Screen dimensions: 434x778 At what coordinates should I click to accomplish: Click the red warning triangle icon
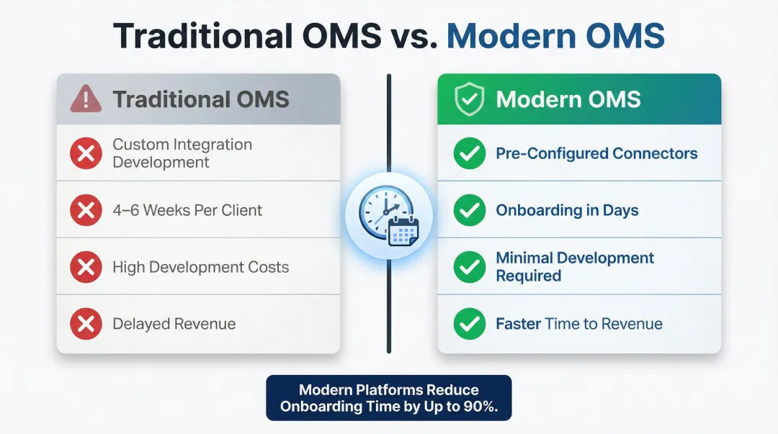[x=86, y=99]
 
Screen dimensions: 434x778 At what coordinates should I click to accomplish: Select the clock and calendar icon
[x=389, y=216]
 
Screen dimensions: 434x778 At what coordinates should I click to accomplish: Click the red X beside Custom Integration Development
[x=86, y=153]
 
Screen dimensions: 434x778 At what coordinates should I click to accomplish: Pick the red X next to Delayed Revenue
[x=86, y=324]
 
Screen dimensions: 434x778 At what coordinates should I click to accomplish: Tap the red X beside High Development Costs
[x=86, y=267]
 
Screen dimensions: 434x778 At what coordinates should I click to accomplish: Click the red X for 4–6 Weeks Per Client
[x=86, y=210]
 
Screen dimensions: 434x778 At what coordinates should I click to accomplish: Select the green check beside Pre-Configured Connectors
[x=469, y=153]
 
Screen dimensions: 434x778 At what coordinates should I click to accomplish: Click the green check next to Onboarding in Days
[x=469, y=210]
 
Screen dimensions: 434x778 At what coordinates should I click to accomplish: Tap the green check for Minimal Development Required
[x=469, y=267]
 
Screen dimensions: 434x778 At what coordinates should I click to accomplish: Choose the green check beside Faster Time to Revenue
[x=469, y=324]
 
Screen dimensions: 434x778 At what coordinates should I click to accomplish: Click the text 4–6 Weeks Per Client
[x=187, y=210]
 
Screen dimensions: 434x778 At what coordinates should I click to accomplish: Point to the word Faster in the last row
[x=518, y=324]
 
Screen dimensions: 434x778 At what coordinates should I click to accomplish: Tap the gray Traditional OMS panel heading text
[x=200, y=99]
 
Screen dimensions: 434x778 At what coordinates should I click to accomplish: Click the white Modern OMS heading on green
[x=568, y=99]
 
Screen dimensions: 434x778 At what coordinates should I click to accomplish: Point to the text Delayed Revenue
[x=174, y=324]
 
